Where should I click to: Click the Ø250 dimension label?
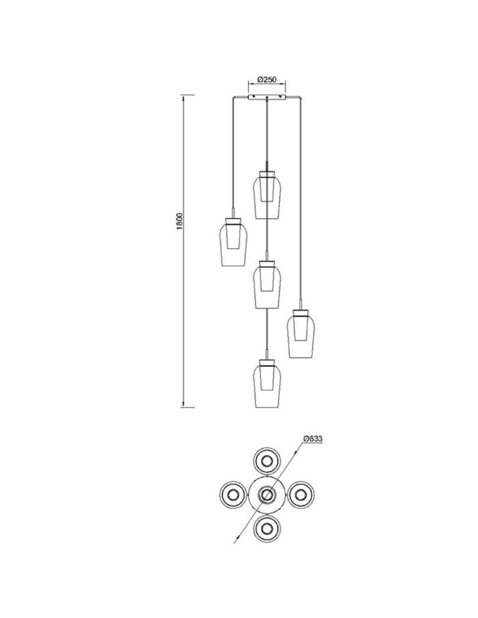point(267,79)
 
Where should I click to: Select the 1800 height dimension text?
point(179,221)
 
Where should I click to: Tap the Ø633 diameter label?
point(313,439)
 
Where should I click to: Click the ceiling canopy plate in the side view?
point(267,97)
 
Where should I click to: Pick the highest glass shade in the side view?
point(267,195)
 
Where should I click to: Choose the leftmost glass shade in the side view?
point(234,243)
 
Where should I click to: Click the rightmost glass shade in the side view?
point(301,334)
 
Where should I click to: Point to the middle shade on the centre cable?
point(267,285)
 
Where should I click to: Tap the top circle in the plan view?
point(267,461)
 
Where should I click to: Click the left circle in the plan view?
point(233,494)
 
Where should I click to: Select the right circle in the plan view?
point(301,494)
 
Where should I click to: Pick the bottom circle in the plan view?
point(267,528)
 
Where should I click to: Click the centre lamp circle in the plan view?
point(267,494)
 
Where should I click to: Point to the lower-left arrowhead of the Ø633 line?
point(237,538)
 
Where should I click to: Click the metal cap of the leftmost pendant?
point(234,220)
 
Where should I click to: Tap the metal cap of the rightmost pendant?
point(301,312)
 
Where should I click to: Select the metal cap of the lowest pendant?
point(267,362)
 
